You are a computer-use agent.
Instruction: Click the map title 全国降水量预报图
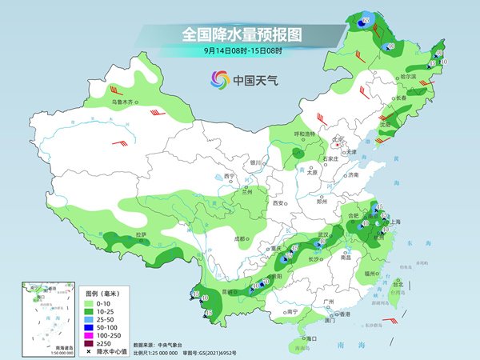pyautogui.click(x=239, y=35)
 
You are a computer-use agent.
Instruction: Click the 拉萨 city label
pyautogui.click(x=141, y=234)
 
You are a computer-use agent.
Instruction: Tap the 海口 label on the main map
pyautogui.click(x=310, y=339)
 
